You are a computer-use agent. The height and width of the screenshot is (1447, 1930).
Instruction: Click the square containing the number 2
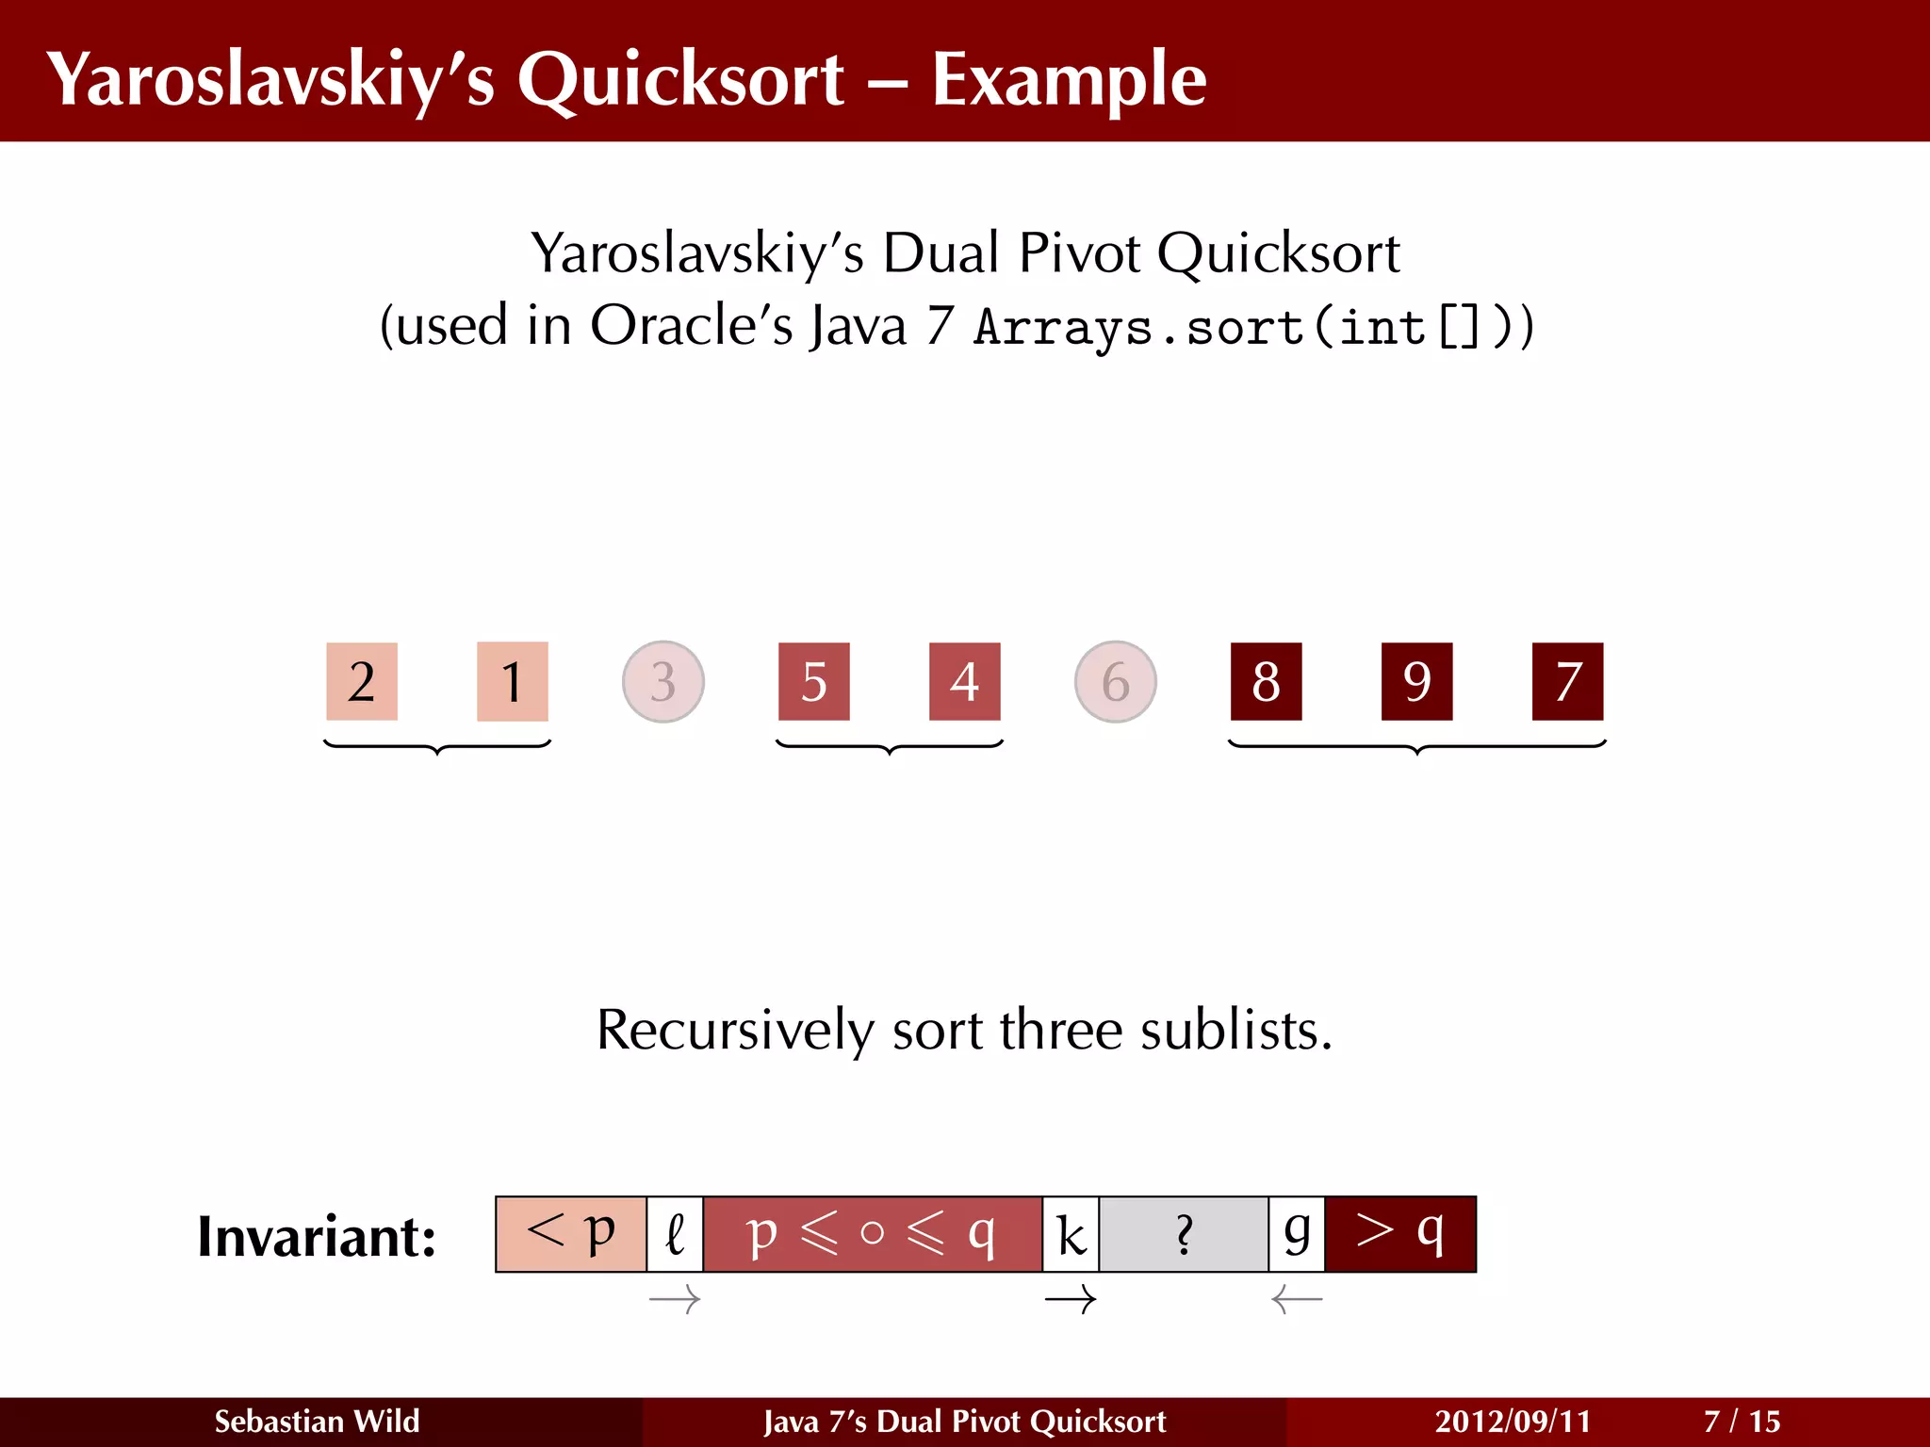[x=362, y=682]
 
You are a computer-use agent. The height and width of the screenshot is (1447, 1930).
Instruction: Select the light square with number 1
[x=512, y=682]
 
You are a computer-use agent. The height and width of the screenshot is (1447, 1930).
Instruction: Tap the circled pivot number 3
[x=663, y=682]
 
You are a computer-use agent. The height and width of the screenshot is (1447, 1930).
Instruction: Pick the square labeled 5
[x=814, y=682]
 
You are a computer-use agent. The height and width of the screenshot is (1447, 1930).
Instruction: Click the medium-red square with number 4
[x=964, y=682]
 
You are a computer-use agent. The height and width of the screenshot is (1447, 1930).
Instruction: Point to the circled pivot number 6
[x=1116, y=682]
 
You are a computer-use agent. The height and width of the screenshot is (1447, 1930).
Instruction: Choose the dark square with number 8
[x=1266, y=682]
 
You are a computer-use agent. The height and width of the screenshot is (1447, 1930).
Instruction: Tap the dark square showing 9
[x=1416, y=682]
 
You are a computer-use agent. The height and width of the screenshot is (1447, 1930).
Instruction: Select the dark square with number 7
[x=1567, y=682]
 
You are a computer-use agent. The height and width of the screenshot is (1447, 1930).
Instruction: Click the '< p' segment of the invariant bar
[x=571, y=1234]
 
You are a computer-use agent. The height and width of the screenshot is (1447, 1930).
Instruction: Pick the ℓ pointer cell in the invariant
[x=675, y=1234]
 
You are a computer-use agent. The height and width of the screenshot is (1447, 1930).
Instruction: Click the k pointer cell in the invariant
[x=1071, y=1234]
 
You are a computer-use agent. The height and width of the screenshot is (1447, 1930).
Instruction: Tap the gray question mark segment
[x=1184, y=1234]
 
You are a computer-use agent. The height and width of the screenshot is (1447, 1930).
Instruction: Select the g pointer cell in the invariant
[x=1297, y=1234]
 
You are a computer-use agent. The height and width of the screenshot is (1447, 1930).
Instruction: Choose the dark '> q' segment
[x=1400, y=1234]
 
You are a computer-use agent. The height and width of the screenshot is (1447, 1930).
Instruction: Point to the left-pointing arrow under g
[x=1297, y=1301]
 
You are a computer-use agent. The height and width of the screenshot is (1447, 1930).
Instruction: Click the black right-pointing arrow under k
[x=1071, y=1301]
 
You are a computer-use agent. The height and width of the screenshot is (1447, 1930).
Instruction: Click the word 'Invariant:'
[x=317, y=1237]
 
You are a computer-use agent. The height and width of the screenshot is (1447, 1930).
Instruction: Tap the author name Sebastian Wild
[x=317, y=1422]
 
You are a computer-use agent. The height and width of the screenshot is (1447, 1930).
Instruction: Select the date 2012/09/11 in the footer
[x=1513, y=1422]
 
